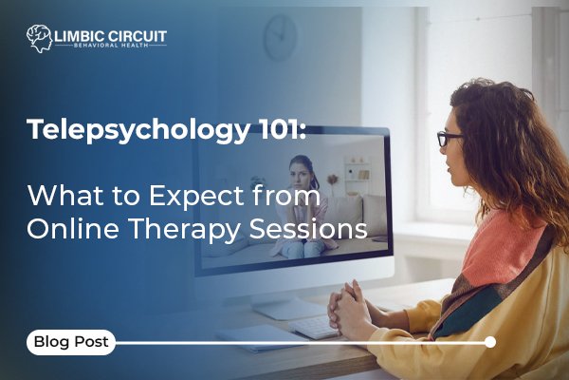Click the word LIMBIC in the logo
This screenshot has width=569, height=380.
point(82,35)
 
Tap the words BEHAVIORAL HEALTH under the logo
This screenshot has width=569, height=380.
point(111,47)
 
